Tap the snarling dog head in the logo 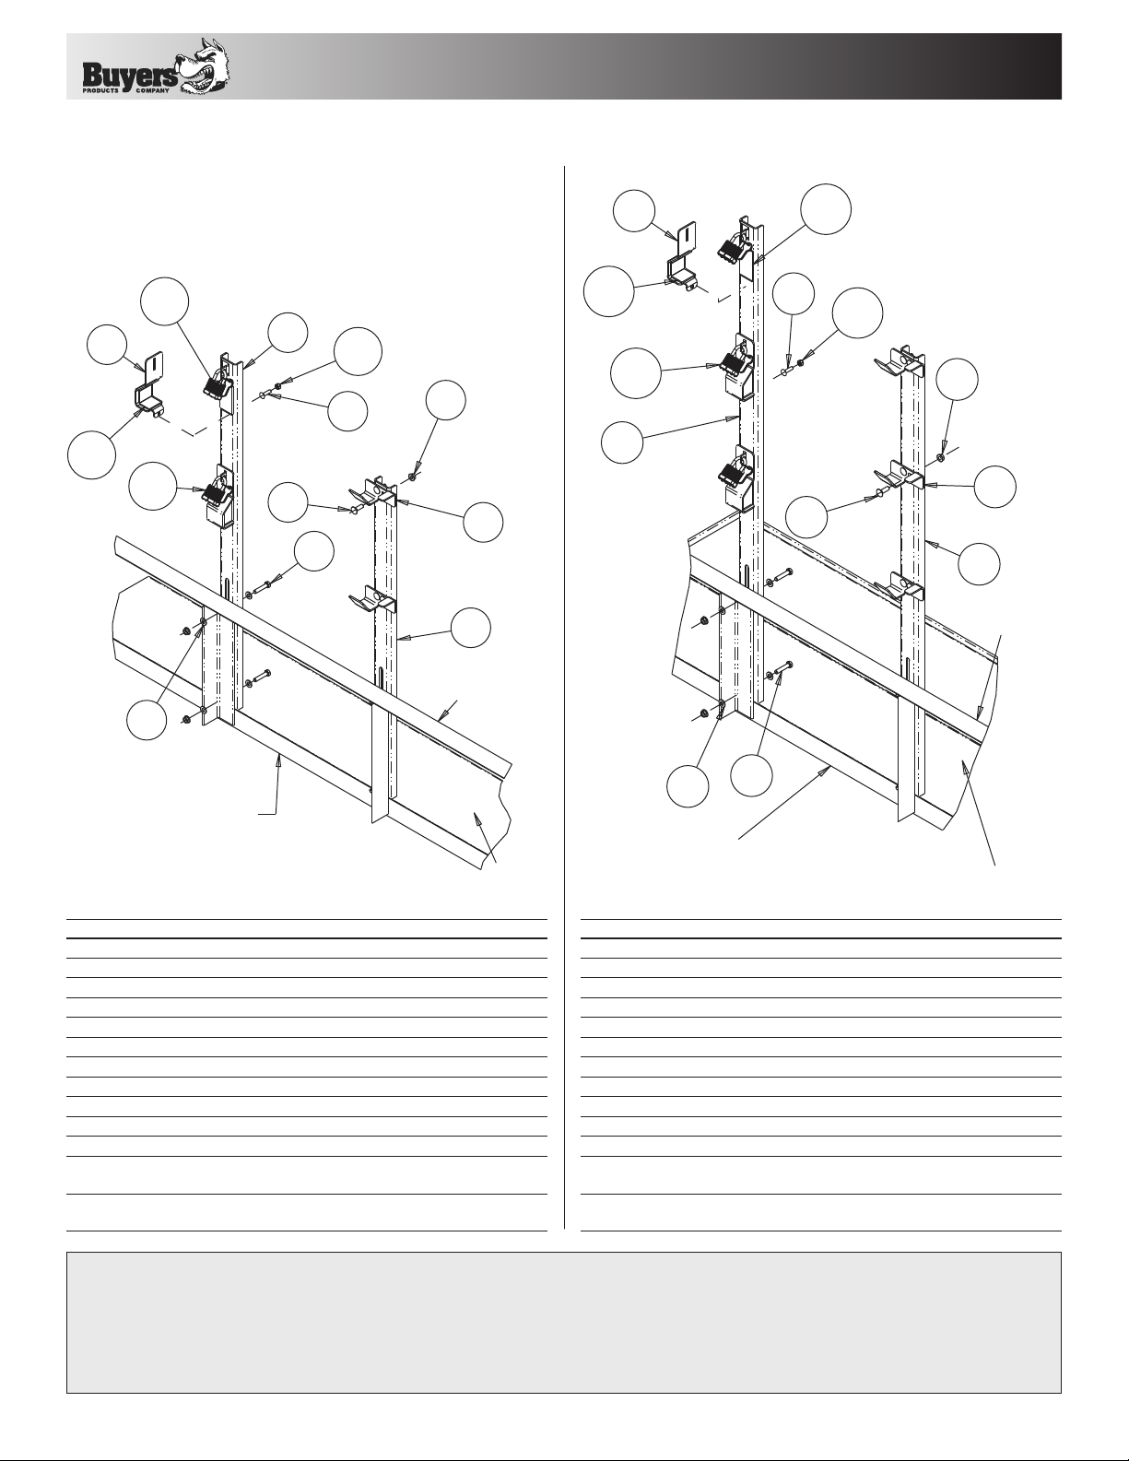[204, 65]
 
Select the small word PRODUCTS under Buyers [100, 90]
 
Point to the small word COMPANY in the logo [152, 90]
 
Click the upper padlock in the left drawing [217, 382]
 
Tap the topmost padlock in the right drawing [734, 250]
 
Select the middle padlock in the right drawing [734, 360]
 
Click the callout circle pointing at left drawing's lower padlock [153, 486]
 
